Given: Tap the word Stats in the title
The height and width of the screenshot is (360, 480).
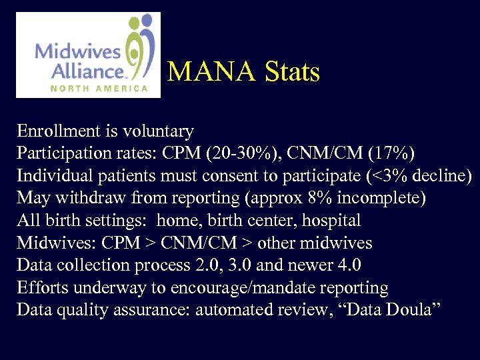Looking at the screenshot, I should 292,71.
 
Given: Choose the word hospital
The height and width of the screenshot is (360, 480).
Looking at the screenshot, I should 331,221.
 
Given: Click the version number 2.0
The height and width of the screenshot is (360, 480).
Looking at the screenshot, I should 197,265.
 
